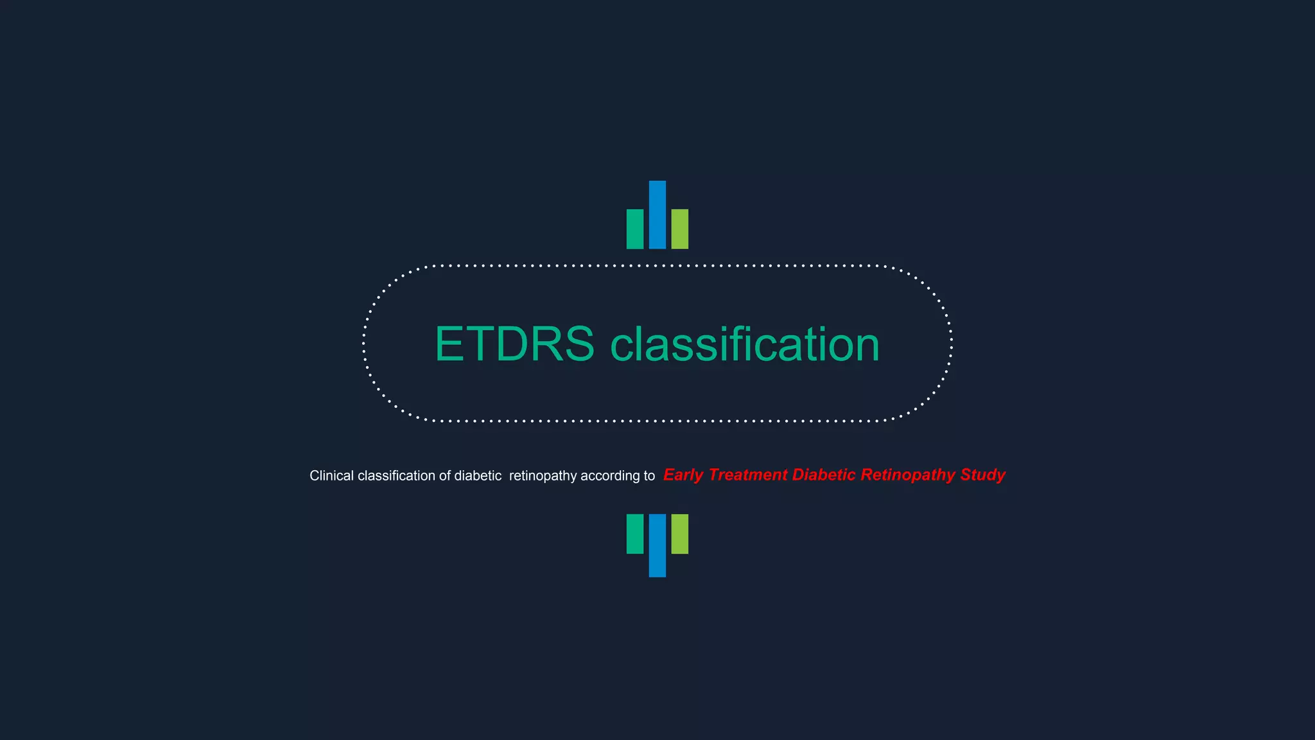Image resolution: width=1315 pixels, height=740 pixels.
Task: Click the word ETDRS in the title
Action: (x=514, y=344)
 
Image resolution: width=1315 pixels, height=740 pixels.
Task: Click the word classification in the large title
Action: (x=744, y=344)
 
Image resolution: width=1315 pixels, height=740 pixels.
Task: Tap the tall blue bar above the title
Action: (x=657, y=215)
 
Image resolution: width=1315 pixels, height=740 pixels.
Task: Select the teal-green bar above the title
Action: (x=634, y=229)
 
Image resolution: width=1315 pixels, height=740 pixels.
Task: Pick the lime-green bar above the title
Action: (x=679, y=229)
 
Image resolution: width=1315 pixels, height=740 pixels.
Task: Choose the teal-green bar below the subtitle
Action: (x=634, y=533)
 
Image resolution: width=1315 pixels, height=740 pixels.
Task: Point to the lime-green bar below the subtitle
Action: (x=679, y=533)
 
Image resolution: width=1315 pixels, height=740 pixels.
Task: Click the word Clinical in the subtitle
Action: (x=331, y=476)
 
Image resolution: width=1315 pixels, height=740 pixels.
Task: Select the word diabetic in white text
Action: (x=478, y=476)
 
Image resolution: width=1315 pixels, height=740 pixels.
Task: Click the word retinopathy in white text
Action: (x=543, y=476)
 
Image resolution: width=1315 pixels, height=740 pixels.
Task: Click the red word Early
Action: (x=683, y=475)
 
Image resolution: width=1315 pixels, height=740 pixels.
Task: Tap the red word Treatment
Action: (x=747, y=475)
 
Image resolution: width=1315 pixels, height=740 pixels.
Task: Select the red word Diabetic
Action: (x=824, y=475)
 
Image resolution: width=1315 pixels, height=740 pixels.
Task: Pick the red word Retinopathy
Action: (x=908, y=475)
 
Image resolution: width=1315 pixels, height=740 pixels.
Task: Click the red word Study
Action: (x=982, y=475)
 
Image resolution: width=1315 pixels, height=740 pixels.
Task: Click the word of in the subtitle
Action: (x=444, y=476)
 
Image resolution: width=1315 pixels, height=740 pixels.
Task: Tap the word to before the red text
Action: (x=649, y=476)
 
